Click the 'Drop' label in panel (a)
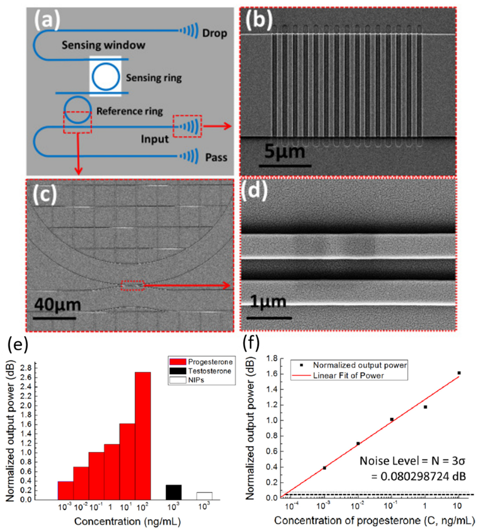214,34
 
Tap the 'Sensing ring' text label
154,78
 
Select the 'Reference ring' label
129,111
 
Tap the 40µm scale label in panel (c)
57,305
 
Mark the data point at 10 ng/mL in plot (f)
459,373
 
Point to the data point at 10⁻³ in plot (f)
324,468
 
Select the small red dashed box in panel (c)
133,286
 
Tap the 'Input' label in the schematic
155,139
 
